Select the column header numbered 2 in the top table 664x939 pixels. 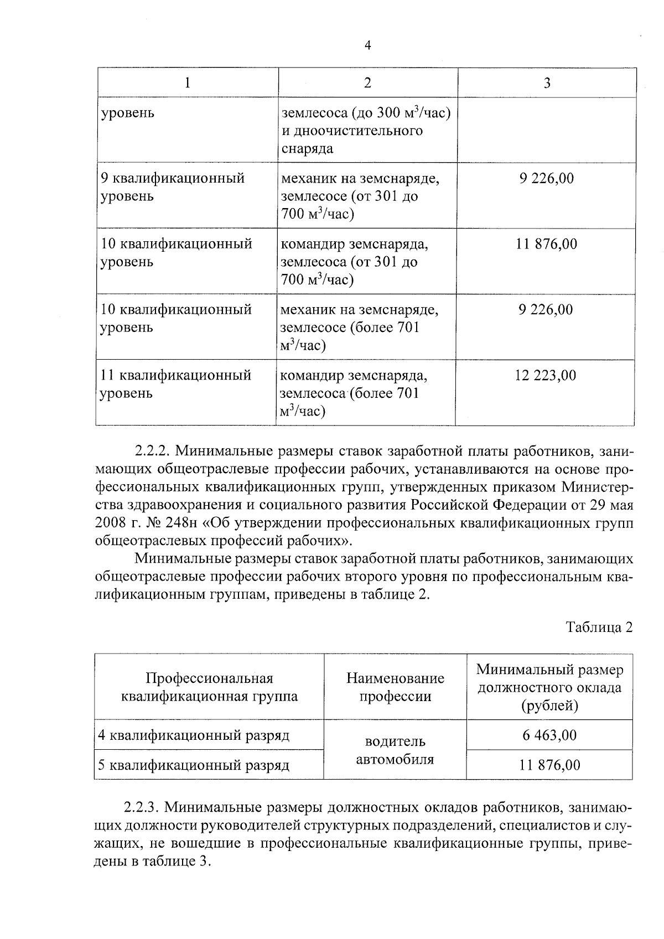[367, 83]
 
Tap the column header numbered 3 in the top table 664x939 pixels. [547, 83]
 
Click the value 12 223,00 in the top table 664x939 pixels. [546, 376]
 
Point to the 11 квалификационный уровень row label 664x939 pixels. [175, 384]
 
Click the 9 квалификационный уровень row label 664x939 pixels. [173, 187]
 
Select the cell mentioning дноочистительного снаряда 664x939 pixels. [366, 131]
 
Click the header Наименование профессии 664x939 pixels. [395, 687]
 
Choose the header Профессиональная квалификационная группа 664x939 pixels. [209, 687]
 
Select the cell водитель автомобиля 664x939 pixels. [395, 750]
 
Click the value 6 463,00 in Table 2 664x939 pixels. [549, 735]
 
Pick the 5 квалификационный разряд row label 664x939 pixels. [194, 765]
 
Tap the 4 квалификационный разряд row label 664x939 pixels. [194, 735]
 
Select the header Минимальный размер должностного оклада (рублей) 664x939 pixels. [549, 687]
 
